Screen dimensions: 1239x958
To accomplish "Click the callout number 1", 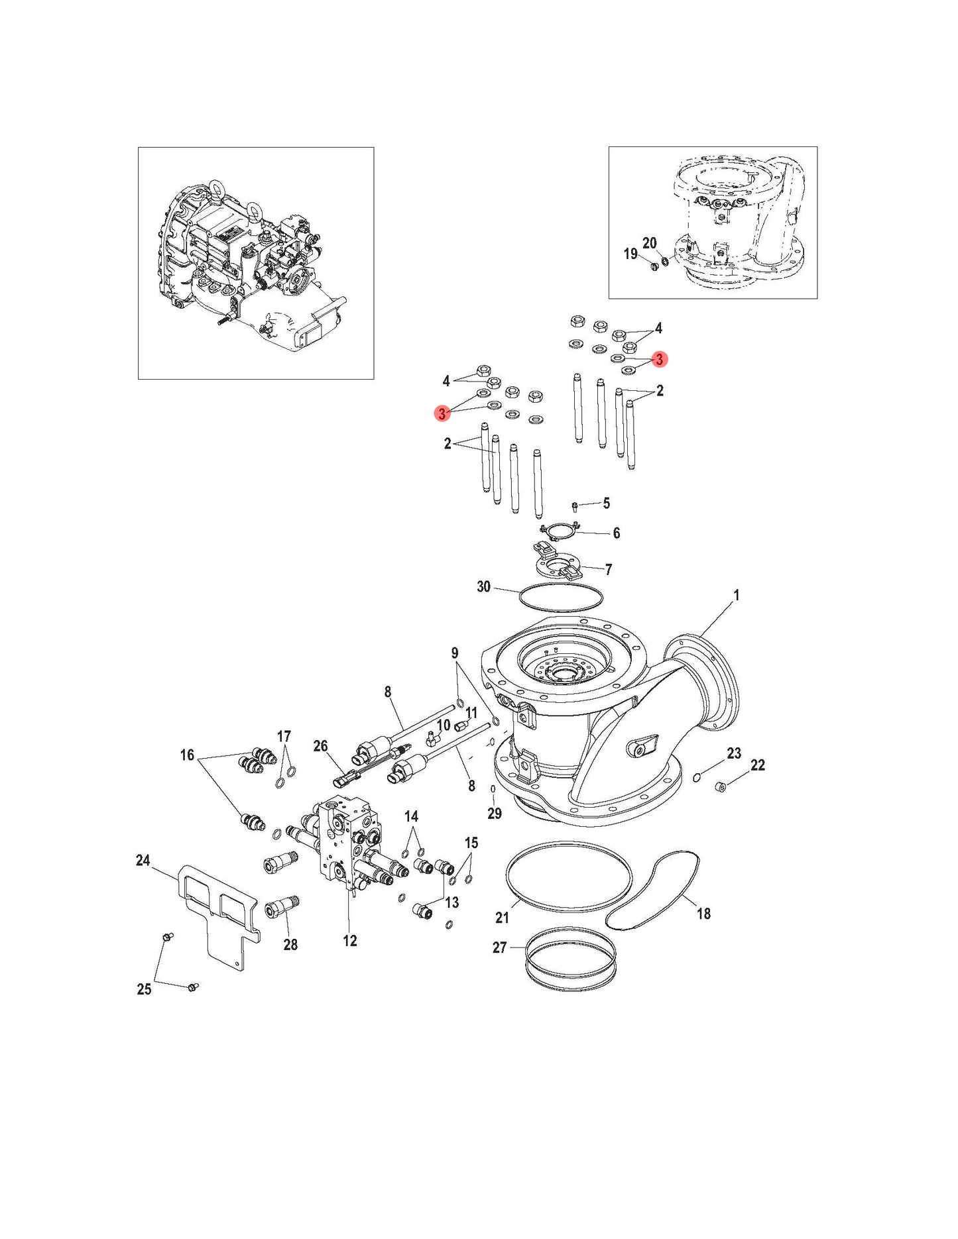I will pyautogui.click(x=736, y=596).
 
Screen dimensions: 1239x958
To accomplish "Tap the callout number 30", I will pyautogui.click(x=484, y=586).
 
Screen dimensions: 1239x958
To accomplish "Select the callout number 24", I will pyautogui.click(x=143, y=861).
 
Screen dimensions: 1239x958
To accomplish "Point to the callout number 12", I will pyautogui.click(x=349, y=941).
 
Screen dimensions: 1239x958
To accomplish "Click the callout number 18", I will pyautogui.click(x=703, y=914).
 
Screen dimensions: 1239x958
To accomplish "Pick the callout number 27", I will pyautogui.click(x=499, y=947).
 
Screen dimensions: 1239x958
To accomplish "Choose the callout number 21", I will pyautogui.click(x=502, y=917).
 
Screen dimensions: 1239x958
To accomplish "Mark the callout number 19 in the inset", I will pyautogui.click(x=630, y=254).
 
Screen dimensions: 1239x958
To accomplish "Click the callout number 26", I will pyautogui.click(x=320, y=746).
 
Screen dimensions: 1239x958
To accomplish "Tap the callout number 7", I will pyautogui.click(x=608, y=569).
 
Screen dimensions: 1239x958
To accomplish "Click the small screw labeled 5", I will pyautogui.click(x=575, y=507).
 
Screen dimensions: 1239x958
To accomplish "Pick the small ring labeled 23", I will pyautogui.click(x=696, y=777).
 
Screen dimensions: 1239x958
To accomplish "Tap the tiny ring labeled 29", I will pyautogui.click(x=493, y=788).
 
